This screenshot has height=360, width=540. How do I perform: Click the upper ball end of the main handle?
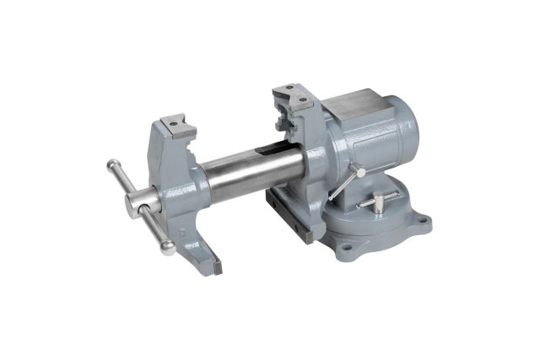pos(112,164)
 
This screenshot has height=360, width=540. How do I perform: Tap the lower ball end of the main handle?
pos(170,248)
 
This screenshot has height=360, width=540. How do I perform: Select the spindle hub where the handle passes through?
pos(140,204)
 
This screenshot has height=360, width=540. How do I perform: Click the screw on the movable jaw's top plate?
pos(173,124)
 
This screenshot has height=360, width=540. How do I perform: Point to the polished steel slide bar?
pos(245,172)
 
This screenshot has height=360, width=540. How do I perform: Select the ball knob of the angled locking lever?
pos(360,172)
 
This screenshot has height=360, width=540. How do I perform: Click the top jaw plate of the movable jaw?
pos(177,126)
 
